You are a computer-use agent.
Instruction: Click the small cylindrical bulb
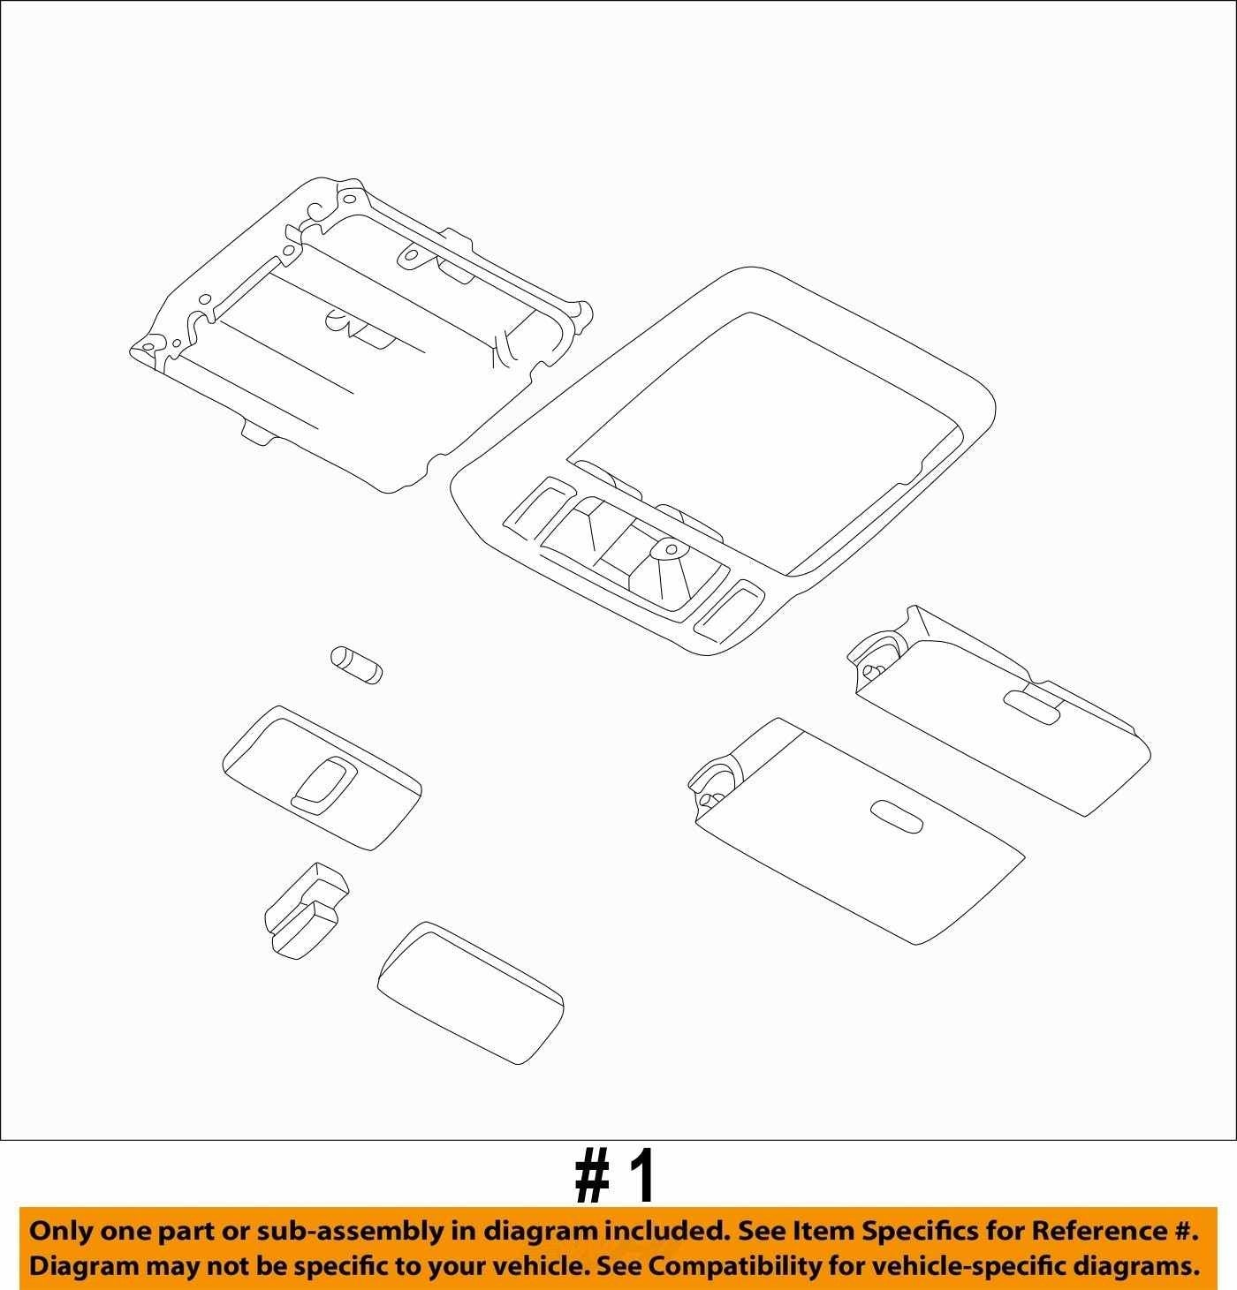tap(356, 664)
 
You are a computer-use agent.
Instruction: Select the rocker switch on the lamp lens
tap(324, 784)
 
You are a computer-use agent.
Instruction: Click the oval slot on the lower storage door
tap(895, 815)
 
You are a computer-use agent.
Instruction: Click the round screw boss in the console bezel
tap(672, 549)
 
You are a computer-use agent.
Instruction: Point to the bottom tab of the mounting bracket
tap(260, 433)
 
